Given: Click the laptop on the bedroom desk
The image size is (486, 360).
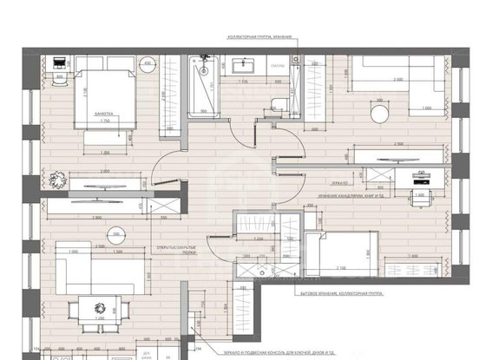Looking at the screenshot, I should pyautogui.click(x=59, y=63).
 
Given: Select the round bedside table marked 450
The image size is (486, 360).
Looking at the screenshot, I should pyautogui.click(x=148, y=66).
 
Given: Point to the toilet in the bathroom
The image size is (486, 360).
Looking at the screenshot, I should pyautogui.click(x=279, y=102).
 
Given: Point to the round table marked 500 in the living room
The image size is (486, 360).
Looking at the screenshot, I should pyautogui.click(x=115, y=234).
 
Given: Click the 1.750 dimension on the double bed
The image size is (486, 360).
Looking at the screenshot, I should pyautogui.click(x=106, y=122).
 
